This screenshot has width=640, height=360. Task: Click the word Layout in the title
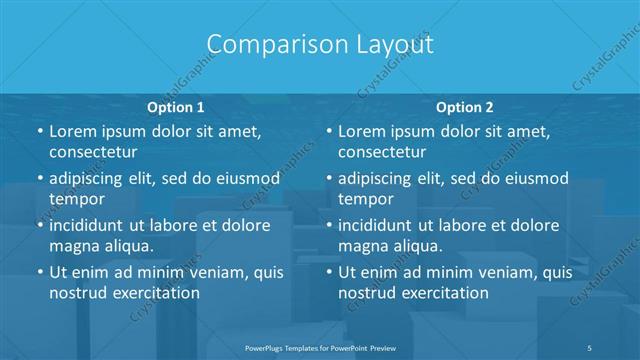(394, 45)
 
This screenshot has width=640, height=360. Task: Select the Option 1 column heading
(175, 106)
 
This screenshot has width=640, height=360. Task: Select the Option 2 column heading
(465, 106)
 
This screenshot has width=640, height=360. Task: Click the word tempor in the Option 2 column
(364, 199)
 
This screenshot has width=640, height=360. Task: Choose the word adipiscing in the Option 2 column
(381, 178)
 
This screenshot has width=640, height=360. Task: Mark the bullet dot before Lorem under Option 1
(38, 132)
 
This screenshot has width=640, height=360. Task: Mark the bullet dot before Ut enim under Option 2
(328, 272)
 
